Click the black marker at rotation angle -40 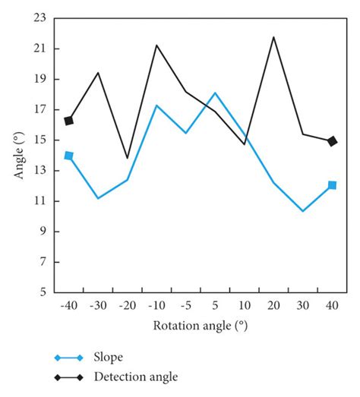click(69, 121)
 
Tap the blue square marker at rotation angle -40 click(69, 156)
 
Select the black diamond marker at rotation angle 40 click(332, 141)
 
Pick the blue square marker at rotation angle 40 click(332, 185)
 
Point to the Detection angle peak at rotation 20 click(273, 36)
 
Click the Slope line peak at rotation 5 click(215, 93)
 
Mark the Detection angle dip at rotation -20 click(127, 158)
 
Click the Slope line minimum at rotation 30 click(303, 211)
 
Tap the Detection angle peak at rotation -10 click(156, 45)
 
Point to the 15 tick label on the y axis click(40, 140)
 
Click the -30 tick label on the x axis click(97, 305)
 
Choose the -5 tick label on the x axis click(185, 305)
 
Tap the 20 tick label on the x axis click(273, 305)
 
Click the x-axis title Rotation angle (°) click(201, 325)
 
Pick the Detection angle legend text click(136, 376)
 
